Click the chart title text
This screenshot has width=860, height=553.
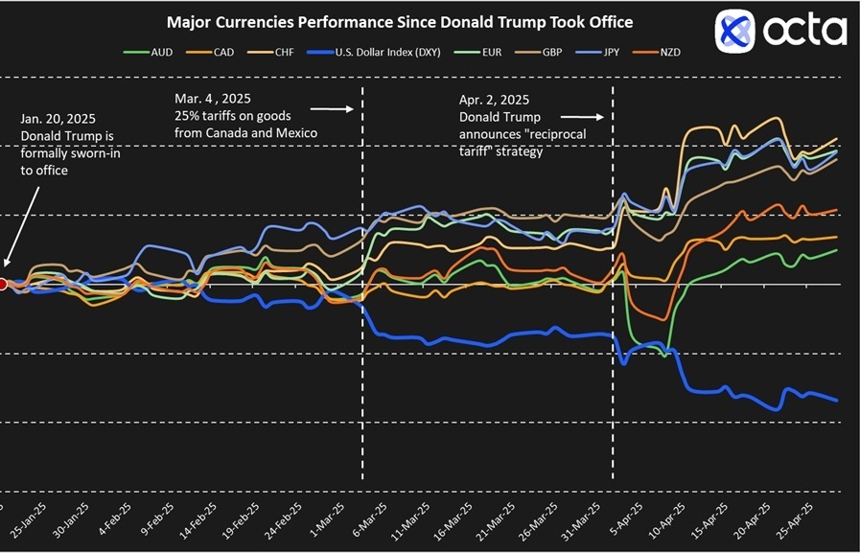(400, 21)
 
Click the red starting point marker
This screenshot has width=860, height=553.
(3, 284)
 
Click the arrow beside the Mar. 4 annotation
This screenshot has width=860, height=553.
(339, 109)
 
